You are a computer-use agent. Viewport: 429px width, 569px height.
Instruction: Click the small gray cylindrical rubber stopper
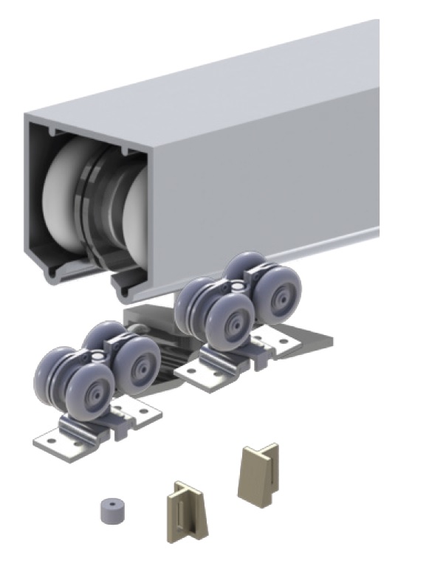pyautogui.click(x=112, y=509)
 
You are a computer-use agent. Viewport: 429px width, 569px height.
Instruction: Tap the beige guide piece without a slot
pyautogui.click(x=257, y=472)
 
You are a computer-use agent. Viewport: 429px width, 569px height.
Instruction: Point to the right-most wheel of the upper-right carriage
pyautogui.click(x=279, y=294)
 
